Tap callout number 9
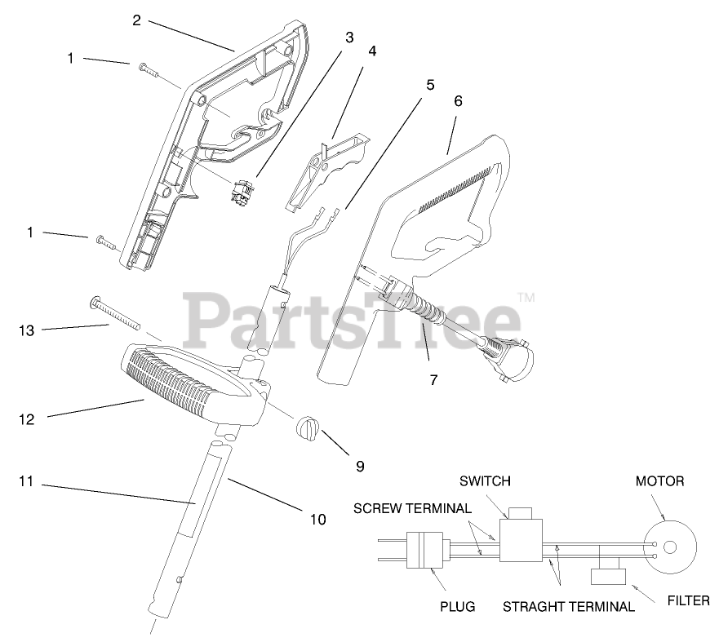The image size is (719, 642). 359,466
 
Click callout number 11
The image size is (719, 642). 26,482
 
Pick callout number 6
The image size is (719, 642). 458,101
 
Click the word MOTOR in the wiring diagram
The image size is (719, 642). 659,481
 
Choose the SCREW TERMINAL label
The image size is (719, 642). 412,508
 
